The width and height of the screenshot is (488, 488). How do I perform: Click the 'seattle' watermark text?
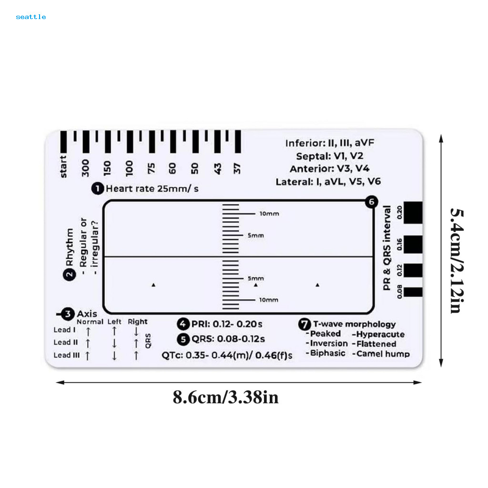(31, 17)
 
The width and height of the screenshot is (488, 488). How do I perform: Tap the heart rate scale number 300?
(85, 168)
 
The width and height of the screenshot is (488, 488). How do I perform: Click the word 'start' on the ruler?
(63, 167)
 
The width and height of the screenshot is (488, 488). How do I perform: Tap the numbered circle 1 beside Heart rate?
(97, 189)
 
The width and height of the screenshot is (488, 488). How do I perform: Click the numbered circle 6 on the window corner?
(371, 202)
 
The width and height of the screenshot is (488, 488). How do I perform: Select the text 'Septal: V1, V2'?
(329, 156)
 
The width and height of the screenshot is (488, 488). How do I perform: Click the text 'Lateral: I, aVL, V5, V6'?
(328, 182)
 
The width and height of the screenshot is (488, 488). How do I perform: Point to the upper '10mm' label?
(269, 213)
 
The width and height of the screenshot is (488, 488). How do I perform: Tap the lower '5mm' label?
(255, 278)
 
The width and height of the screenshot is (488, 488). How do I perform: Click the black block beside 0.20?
(413, 213)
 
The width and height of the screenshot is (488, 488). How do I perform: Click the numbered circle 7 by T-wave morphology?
(304, 325)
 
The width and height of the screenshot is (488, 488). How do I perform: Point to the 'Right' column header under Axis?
(138, 322)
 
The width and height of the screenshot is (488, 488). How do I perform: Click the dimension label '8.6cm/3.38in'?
(225, 396)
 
